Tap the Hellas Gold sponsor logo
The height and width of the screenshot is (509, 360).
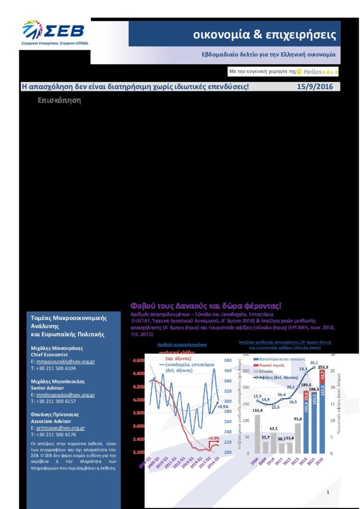click(318, 72)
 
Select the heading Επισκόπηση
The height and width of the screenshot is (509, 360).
click(59, 100)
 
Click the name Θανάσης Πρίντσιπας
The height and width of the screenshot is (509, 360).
click(55, 414)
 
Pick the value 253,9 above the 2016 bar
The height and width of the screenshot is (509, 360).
click(324, 367)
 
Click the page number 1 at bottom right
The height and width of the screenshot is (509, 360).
click(328, 492)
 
